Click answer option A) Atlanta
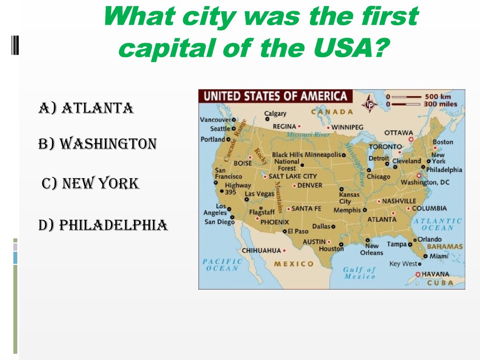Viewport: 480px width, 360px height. click(86, 109)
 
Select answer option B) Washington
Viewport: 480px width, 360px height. click(97, 143)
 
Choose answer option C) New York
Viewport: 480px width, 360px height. click(90, 184)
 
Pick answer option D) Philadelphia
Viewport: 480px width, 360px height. click(103, 225)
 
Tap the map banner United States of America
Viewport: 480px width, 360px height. click(276, 97)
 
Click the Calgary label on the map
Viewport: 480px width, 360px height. click(276, 113)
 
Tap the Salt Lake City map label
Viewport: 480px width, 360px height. click(292, 176)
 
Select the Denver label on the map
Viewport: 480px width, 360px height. click(310, 185)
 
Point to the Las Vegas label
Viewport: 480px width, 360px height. click(259, 194)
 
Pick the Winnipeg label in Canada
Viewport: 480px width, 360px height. click(347, 127)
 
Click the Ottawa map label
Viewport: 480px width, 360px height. click(398, 133)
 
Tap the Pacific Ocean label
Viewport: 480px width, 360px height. click(222, 265)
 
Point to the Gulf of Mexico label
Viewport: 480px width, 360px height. click(360, 273)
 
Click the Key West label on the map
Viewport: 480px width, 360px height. click(403, 264)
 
